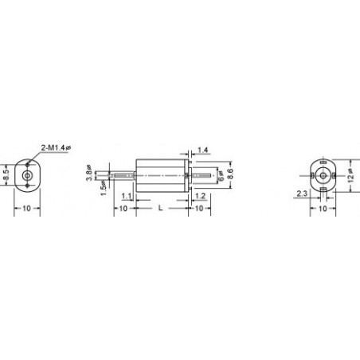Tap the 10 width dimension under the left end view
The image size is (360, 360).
(x=27, y=208)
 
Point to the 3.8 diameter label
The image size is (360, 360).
(x=88, y=173)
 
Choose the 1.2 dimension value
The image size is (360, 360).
(x=200, y=195)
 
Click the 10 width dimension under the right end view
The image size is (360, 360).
(x=323, y=208)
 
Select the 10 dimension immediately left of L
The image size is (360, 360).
(x=123, y=208)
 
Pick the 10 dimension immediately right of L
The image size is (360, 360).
(x=198, y=208)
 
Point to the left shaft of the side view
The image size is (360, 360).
(x=123, y=173)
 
